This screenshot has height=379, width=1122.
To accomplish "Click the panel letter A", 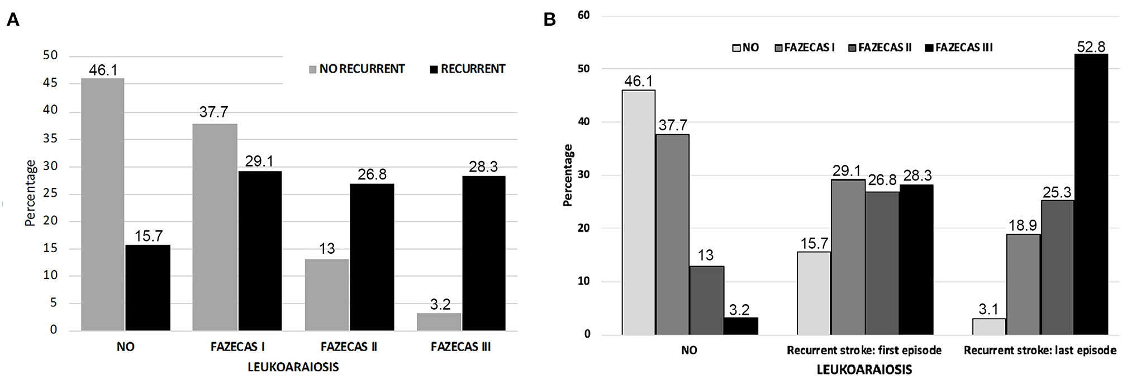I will (x=13, y=21).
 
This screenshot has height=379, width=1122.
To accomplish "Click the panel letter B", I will (x=550, y=20).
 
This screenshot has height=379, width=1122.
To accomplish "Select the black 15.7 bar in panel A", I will (x=148, y=287).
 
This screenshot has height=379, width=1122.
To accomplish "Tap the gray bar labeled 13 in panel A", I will (x=327, y=295).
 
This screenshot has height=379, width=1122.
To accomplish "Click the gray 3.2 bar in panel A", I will (x=439, y=321).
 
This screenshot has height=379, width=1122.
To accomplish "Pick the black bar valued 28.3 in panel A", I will (x=484, y=253).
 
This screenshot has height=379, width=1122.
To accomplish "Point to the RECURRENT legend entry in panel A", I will (x=467, y=69).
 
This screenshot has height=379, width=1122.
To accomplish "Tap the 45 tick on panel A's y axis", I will (x=50, y=83).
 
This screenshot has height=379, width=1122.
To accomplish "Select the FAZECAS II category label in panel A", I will (x=349, y=347).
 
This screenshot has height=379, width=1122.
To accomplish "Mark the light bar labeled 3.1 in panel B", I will (x=989, y=326).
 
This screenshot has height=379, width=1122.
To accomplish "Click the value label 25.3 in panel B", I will (x=1057, y=193).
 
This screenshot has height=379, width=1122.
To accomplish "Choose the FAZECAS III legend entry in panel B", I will (x=959, y=48).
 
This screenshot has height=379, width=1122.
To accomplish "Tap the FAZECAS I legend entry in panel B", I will (x=805, y=48).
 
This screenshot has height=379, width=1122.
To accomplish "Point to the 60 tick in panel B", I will (x=584, y=15).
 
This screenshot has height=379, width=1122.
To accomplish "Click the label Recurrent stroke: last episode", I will (x=1040, y=350).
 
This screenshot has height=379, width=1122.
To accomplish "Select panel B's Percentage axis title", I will (x=568, y=175).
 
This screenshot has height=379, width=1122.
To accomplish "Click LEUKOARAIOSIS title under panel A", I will (x=293, y=367).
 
